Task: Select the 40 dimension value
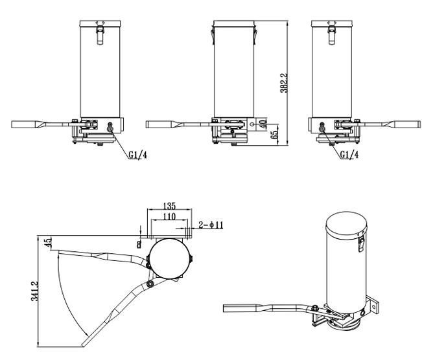pyautogui.click(x=263, y=124)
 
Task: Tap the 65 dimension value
pyautogui.click(x=274, y=135)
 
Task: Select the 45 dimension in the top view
pyautogui.click(x=47, y=243)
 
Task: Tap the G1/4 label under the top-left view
pyautogui.click(x=137, y=155)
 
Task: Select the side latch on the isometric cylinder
pyautogui.click(x=361, y=244)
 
